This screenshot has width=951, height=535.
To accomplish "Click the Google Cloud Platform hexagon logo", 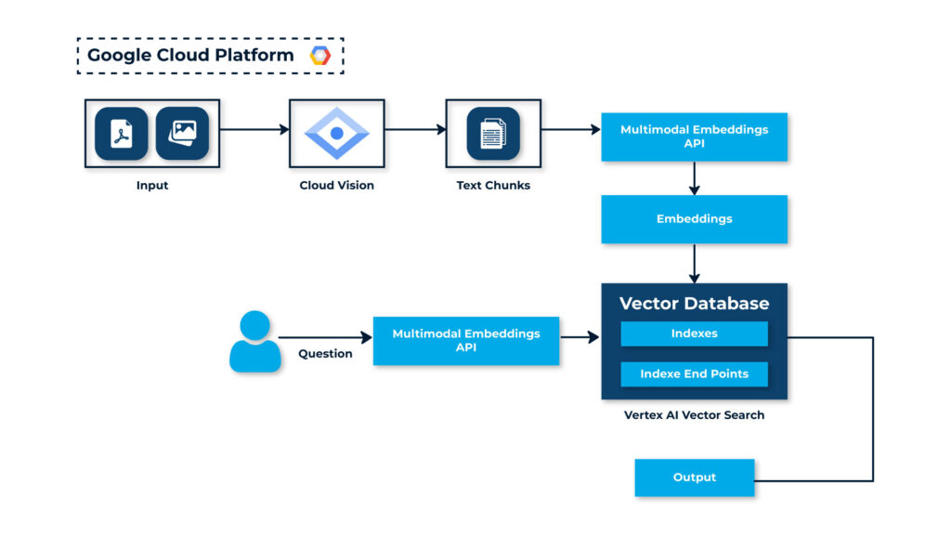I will coord(320,56).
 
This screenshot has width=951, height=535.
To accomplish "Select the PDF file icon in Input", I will coord(121,134).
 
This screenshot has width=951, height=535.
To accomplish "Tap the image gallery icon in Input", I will coord(182,134).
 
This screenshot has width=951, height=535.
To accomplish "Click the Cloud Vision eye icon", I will coord(336,134).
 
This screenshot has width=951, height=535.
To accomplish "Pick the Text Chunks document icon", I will coord(492,134).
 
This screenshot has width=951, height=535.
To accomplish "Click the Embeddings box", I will coord(694,219).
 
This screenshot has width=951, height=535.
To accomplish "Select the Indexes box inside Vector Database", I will coord(694,333).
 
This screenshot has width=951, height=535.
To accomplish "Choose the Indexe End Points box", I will coord(694,374).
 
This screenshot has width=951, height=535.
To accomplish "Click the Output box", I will coord(694,477).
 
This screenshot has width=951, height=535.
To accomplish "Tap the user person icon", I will coord(254,342).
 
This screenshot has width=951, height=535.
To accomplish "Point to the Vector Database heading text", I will coord(694,304).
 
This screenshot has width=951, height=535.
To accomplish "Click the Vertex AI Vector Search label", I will coord(694,415).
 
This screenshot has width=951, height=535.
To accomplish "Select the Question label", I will coord(325,354).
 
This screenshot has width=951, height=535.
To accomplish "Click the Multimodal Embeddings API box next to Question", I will coord(465,340).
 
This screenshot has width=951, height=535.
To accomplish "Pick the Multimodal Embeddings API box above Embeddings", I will coord(694,137).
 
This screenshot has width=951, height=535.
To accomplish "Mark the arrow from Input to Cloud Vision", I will coord(254,130).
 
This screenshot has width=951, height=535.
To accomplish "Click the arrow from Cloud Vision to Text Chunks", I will coord(409,130).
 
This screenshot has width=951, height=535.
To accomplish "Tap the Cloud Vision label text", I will coord(336,186).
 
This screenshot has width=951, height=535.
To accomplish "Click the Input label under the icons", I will coord(152,186).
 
